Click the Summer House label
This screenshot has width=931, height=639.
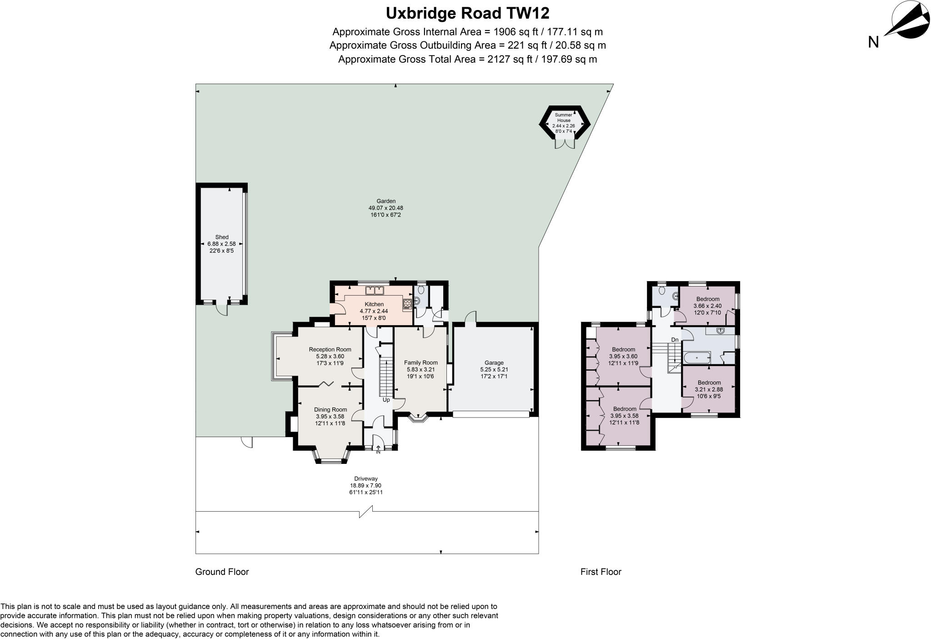pos(564,118)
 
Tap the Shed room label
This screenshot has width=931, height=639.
pos(222,237)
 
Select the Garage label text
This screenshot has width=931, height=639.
pos(494,363)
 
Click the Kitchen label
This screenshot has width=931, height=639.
pos(374,304)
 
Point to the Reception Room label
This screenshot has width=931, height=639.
pos(330,350)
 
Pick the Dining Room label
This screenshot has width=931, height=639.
pos(330,410)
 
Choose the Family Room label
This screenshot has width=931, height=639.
pos(421,363)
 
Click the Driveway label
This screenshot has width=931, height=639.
pos(366,478)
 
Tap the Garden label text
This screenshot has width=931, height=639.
pos(386,201)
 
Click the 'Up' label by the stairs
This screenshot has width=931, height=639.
pos(386,400)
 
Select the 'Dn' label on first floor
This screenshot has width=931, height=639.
pos(675,340)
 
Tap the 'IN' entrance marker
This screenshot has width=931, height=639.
pos(378,452)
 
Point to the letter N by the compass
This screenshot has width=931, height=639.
pos(873,42)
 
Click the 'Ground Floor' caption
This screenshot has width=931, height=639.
pos(222,572)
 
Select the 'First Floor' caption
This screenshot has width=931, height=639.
pos(601,572)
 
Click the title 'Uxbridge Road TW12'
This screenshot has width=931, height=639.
pos(467,13)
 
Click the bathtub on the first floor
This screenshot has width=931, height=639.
pos(697,358)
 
